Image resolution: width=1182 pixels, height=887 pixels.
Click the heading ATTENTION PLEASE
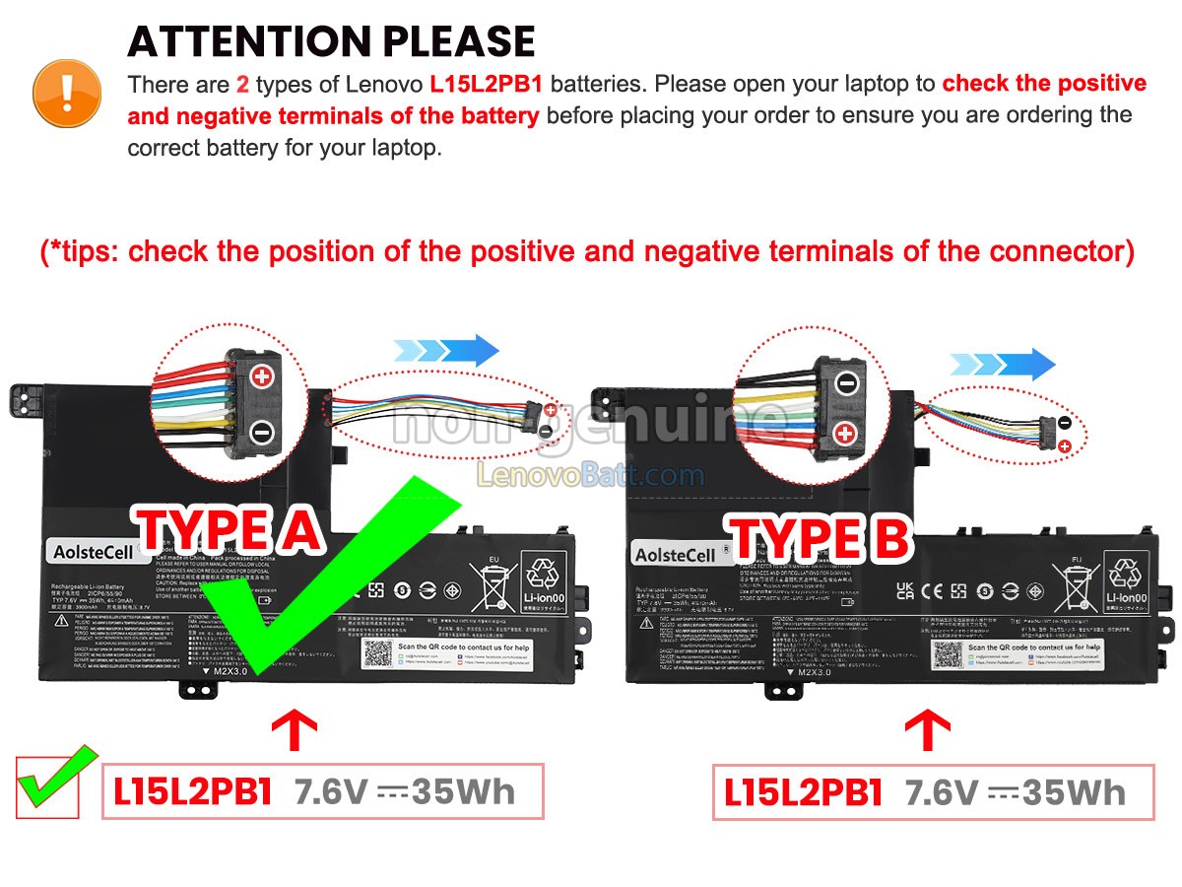pyautogui.click(x=331, y=41)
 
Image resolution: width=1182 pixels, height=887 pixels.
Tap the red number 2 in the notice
pyautogui.click(x=242, y=84)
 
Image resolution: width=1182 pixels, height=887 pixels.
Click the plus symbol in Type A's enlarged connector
pyautogui.click(x=262, y=375)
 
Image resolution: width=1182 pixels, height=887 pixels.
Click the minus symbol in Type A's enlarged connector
pyautogui.click(x=262, y=431)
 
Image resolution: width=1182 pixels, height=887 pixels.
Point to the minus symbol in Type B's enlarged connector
pyautogui.click(x=847, y=382)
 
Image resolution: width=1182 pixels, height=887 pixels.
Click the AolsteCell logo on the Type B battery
pyautogui.click(x=676, y=555)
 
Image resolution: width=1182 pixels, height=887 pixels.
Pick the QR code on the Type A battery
pyautogui.click(x=376, y=653)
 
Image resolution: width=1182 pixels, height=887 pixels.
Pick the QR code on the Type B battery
pyautogui.click(x=947, y=656)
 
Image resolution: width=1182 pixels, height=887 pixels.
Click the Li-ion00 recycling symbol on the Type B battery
pyautogui.click(x=1126, y=580)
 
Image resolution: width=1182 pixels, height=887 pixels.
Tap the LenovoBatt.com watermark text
pyautogui.click(x=591, y=476)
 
